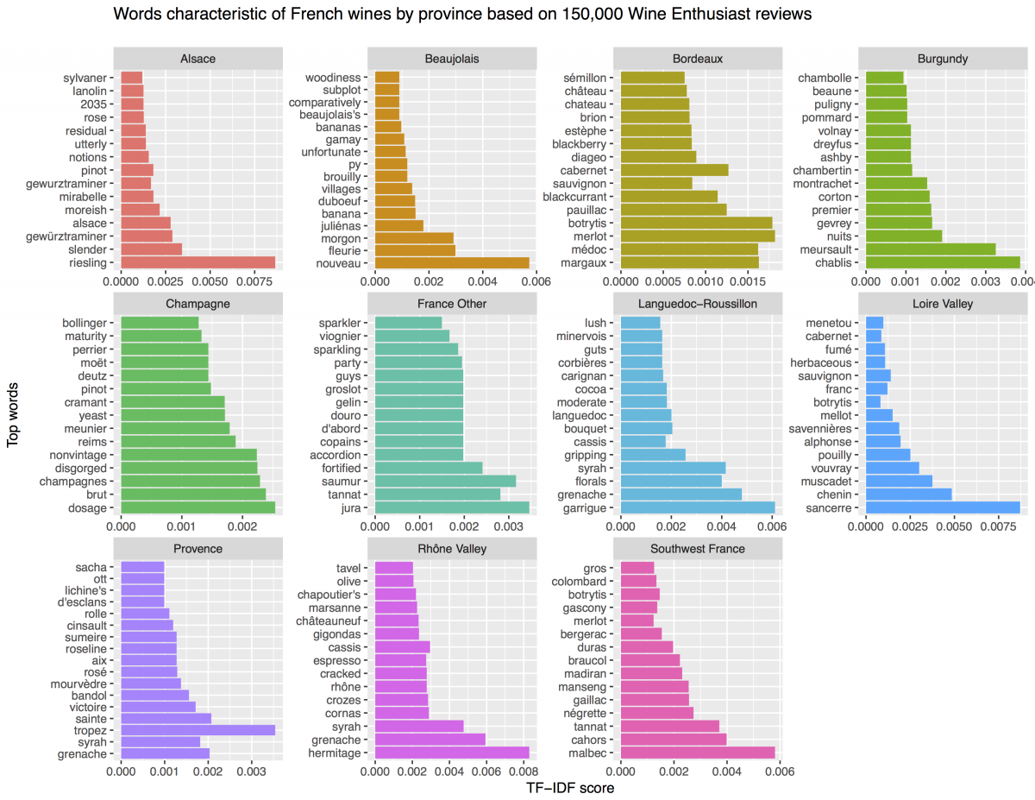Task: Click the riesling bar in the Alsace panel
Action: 198,262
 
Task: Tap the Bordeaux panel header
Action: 698,59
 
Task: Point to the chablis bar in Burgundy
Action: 943,262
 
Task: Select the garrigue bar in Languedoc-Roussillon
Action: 698,507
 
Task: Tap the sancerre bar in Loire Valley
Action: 943,507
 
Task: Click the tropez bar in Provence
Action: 198,729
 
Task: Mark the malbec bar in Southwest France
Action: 698,753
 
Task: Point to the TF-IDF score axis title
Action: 569,788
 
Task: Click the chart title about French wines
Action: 462,15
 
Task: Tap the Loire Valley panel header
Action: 943,304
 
